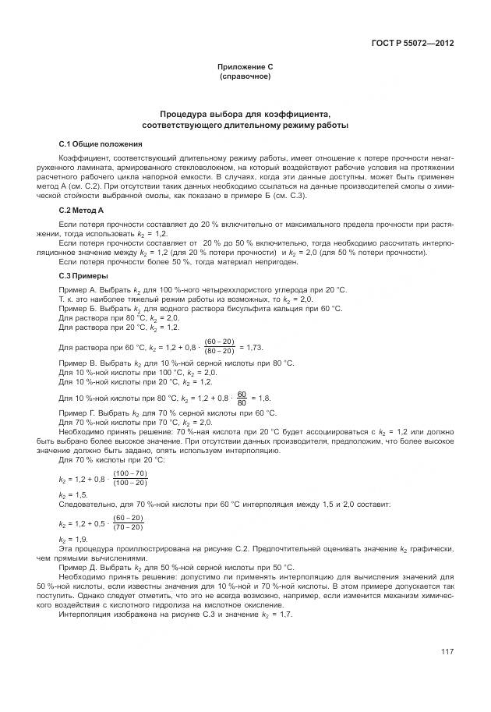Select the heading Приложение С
click(245, 69)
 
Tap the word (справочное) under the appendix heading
click(245, 77)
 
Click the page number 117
click(447, 652)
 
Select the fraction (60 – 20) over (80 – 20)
click(219, 345)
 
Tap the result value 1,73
click(253, 346)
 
